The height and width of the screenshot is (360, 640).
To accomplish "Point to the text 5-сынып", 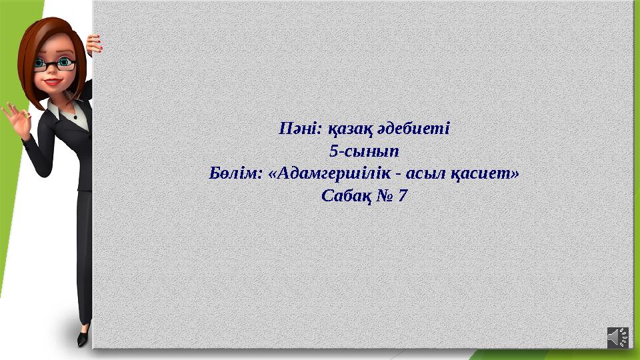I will [364, 151].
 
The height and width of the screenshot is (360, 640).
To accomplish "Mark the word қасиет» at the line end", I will [486, 173].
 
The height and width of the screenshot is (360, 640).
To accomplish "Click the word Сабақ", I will [344, 197].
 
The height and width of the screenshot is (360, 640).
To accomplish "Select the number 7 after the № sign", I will [403, 197].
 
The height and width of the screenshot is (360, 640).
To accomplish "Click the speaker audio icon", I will [617, 337].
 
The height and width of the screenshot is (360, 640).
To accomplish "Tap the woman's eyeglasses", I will [57, 65].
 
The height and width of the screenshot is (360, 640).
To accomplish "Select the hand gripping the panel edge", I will [94, 44].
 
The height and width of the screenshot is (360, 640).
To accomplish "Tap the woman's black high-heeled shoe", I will [83, 337].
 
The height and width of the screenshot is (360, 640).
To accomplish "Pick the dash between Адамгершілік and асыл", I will [399, 175].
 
